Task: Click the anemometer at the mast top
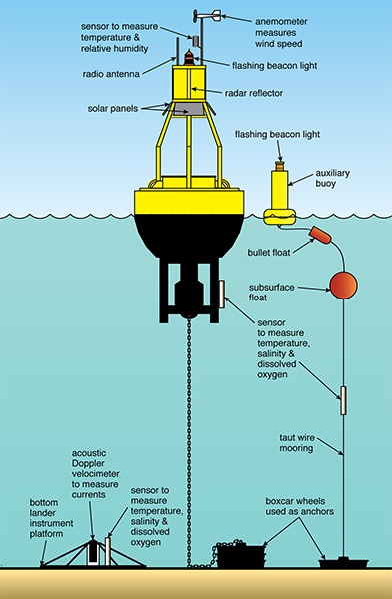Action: click(207, 15)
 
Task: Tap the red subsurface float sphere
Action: click(343, 285)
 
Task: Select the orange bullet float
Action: click(321, 235)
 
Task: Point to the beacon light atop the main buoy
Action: click(189, 57)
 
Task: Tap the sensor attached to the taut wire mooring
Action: click(343, 400)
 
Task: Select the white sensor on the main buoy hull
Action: click(222, 295)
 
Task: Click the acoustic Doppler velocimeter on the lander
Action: click(92, 552)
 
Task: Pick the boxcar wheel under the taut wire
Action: click(343, 563)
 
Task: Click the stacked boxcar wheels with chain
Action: click(240, 555)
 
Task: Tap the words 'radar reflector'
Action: click(254, 93)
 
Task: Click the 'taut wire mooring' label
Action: click(297, 443)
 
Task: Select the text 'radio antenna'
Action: click(111, 74)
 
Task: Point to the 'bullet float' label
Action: click(269, 253)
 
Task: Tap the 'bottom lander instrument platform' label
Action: click(51, 518)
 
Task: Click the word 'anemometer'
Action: click(281, 21)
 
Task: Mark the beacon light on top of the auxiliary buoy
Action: click(280, 166)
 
